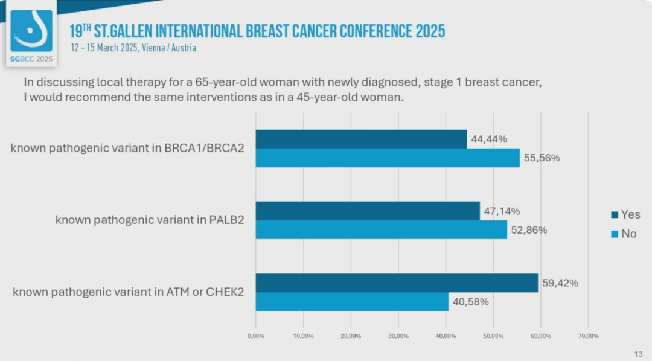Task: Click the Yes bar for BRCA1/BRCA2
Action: click(361, 139)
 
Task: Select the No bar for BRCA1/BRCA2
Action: click(387, 158)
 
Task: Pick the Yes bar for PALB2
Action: click(368, 211)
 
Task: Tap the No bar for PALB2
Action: click(381, 229)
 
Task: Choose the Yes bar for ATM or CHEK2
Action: click(397, 283)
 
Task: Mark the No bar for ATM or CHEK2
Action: click(352, 302)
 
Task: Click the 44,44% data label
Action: click(489, 139)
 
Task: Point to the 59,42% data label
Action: click(560, 283)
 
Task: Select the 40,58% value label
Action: click(471, 302)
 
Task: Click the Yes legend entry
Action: click(625, 214)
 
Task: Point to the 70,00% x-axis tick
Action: click(588, 336)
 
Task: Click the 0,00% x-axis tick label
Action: click(256, 336)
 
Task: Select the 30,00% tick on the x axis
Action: click(398, 336)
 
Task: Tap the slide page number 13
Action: click(638, 354)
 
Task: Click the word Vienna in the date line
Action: click(153, 48)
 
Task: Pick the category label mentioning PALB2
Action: click(150, 220)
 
